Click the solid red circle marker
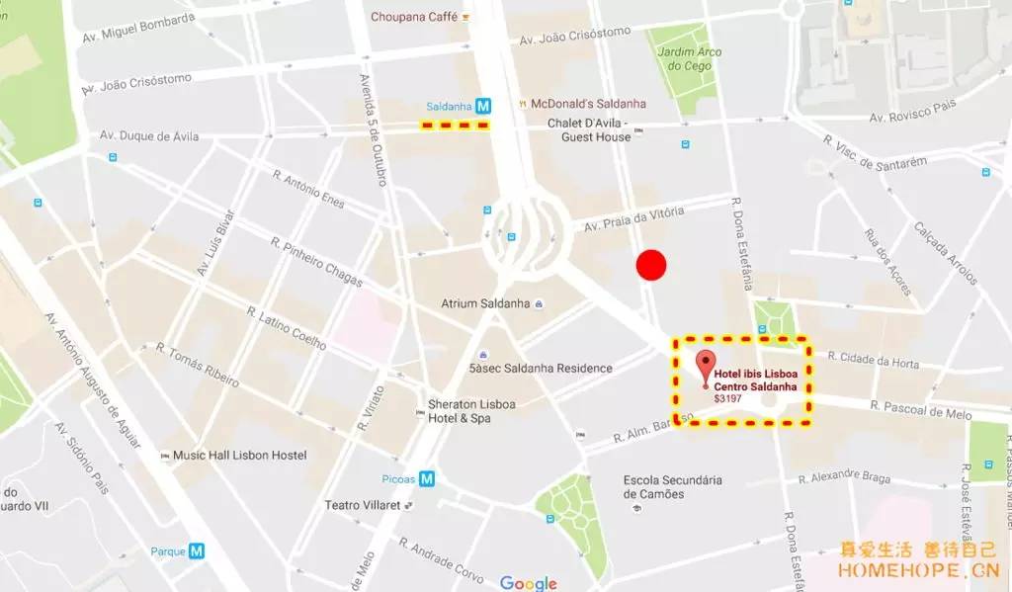[x=650, y=265]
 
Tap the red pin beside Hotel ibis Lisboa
[x=705, y=365]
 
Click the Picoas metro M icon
[x=427, y=478]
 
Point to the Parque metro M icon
[x=197, y=551]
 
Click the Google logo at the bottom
[x=528, y=583]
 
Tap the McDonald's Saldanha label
[x=588, y=104]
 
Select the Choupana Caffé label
[x=414, y=17]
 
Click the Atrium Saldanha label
[x=485, y=303]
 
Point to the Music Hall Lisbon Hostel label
[x=239, y=456]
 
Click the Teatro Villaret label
[x=362, y=505]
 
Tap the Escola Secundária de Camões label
[x=672, y=487]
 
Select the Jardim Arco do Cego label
[x=690, y=59]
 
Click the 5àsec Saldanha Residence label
[x=541, y=369]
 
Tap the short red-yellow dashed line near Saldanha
[x=455, y=126]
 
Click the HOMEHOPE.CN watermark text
[x=917, y=571]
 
